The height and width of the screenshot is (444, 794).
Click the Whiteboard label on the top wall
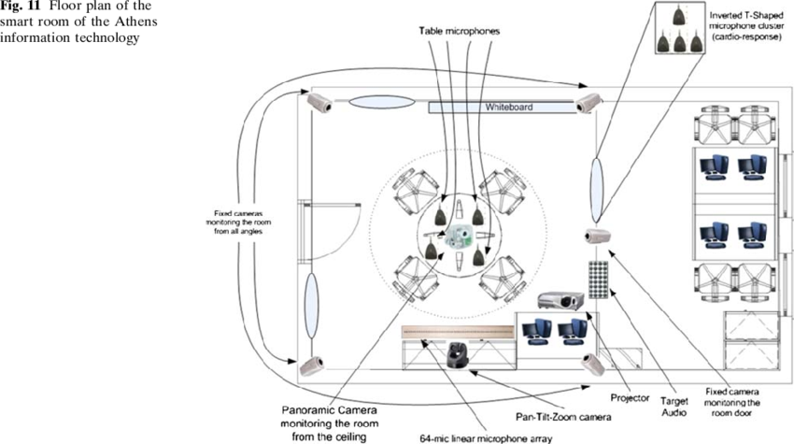(508, 107)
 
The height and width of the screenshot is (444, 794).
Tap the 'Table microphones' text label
(459, 32)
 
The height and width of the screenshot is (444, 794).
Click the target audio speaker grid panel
(596, 280)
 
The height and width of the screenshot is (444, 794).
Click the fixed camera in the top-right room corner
(588, 102)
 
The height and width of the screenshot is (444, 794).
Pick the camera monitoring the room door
(596, 236)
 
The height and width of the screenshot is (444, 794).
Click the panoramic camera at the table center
(457, 236)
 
